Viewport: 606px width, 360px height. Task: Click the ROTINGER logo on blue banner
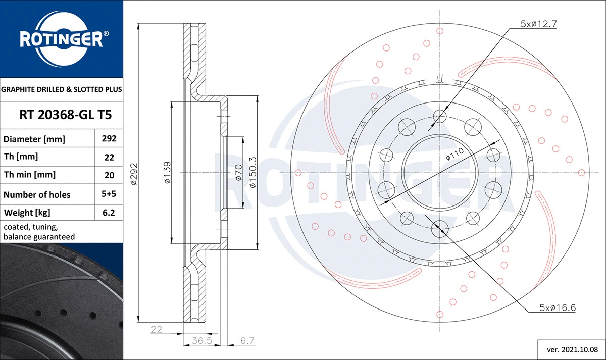(x=61, y=38)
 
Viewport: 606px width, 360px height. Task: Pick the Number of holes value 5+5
(x=110, y=194)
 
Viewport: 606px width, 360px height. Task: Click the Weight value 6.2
(x=110, y=213)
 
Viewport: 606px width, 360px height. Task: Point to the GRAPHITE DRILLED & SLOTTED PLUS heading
(x=62, y=89)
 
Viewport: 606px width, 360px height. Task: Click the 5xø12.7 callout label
(x=538, y=23)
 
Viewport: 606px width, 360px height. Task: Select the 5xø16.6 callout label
(x=558, y=307)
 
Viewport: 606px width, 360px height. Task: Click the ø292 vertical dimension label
(x=134, y=174)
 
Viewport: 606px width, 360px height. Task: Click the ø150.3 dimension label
(x=253, y=173)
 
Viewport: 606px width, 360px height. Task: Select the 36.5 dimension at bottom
(x=200, y=341)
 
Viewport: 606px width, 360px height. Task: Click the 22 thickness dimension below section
(x=156, y=330)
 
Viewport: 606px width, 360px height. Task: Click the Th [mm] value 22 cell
(x=110, y=157)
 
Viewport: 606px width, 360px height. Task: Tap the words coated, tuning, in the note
(x=30, y=227)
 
